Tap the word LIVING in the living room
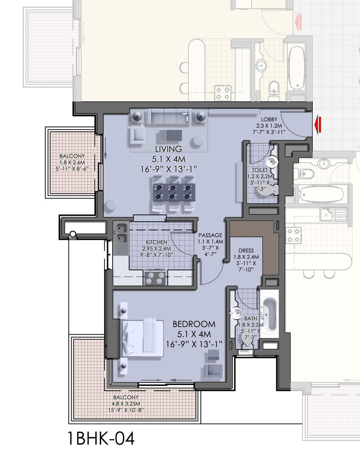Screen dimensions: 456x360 click(x=168, y=149)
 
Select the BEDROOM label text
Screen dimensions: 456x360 click(x=194, y=324)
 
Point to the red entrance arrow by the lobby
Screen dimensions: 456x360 click(x=319, y=124)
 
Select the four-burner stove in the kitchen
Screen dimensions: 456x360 click(x=155, y=277)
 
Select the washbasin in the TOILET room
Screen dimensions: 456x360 click(x=272, y=162)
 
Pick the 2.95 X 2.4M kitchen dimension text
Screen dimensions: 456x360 click(x=156, y=248)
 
